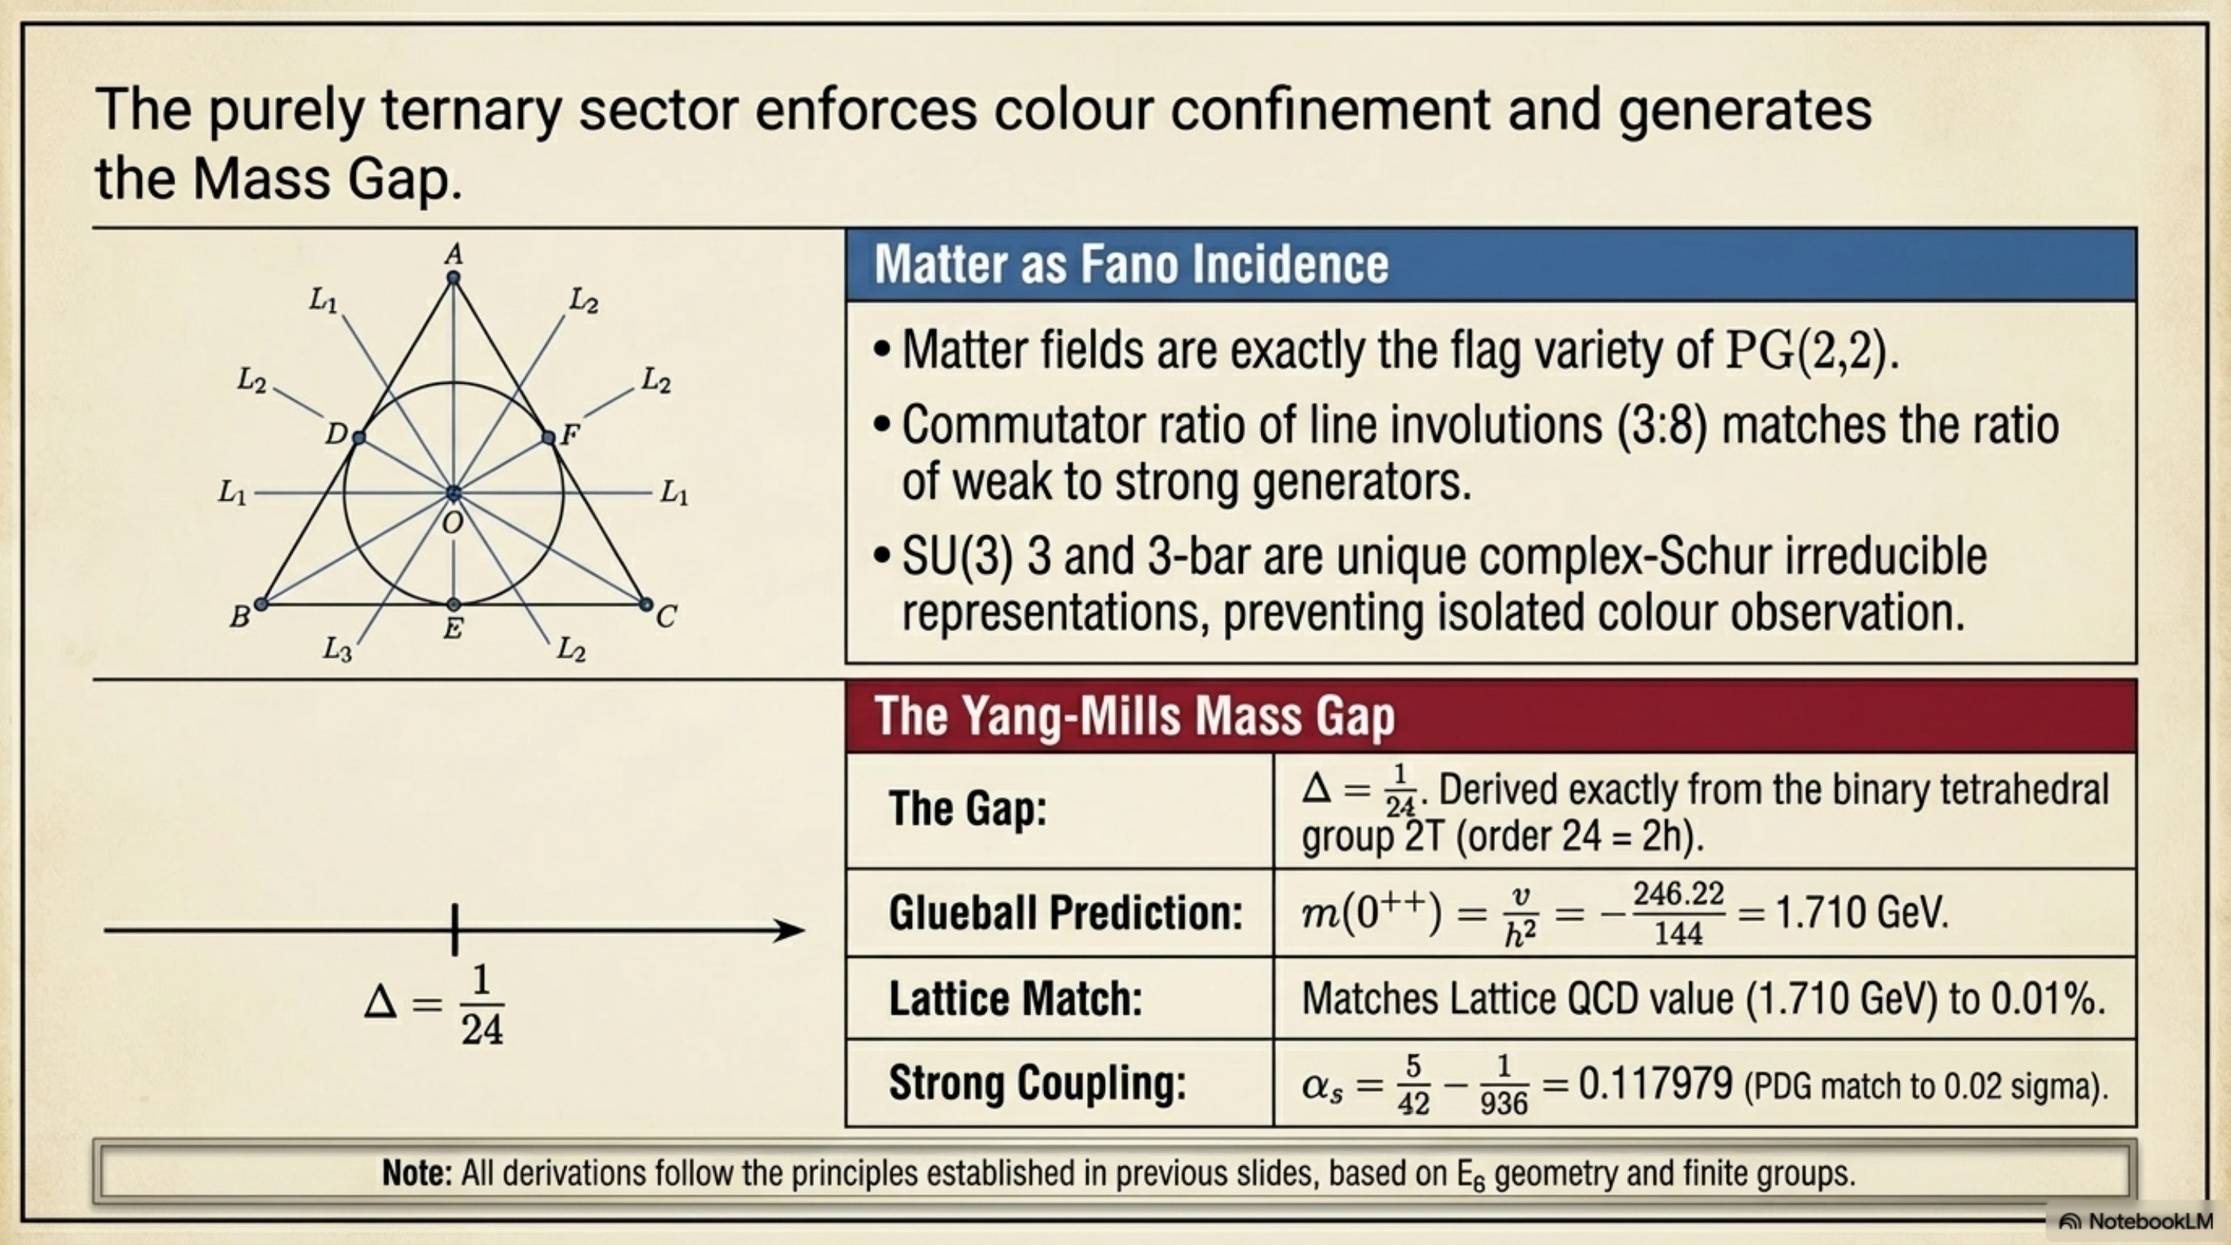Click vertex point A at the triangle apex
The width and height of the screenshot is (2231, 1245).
(453, 278)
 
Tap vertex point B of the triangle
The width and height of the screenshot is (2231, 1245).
(261, 604)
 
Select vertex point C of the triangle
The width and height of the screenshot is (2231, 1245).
(645, 604)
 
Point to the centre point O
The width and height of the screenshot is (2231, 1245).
(453, 493)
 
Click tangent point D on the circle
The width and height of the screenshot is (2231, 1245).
(359, 438)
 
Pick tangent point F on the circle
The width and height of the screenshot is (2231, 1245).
(547, 438)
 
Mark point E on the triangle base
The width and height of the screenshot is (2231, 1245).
(453, 604)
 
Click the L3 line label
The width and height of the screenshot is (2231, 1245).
(337, 648)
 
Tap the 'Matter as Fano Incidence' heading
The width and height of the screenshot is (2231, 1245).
(1131, 264)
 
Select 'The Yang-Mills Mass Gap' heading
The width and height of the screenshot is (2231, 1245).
(1135, 716)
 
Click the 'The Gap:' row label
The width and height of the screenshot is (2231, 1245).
(967, 808)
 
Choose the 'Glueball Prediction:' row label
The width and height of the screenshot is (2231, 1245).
(1065, 913)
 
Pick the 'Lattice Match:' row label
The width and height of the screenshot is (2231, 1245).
(1015, 998)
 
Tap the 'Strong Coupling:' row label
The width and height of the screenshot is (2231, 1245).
(1037, 1082)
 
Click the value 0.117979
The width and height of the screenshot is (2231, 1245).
(1655, 1083)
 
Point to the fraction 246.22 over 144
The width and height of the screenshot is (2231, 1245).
(1679, 914)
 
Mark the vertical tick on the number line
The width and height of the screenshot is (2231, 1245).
(454, 930)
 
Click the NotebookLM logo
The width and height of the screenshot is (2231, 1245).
(2136, 1222)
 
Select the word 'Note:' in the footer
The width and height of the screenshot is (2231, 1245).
(417, 1173)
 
